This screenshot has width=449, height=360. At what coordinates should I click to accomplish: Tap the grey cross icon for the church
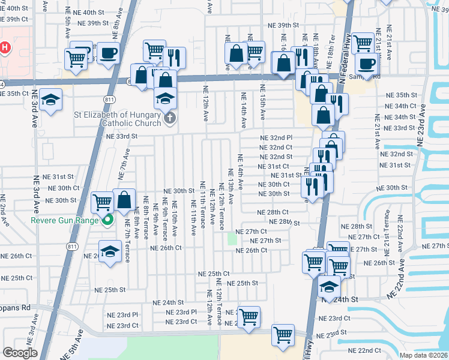click(x=170, y=118)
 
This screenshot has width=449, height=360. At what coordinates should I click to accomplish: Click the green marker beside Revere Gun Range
click(x=108, y=220)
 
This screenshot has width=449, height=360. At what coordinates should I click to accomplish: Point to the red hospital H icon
click(x=5, y=47)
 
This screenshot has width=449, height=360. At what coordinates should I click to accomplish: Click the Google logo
click(x=20, y=353)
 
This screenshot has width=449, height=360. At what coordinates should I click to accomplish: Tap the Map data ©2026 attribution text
click(x=423, y=355)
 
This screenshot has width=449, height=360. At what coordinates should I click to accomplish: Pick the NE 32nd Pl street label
click(x=276, y=138)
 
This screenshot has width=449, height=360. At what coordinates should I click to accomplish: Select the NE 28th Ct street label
click(x=273, y=212)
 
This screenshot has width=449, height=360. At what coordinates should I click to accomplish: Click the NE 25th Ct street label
click(x=214, y=274)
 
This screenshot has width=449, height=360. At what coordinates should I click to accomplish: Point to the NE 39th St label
click(x=284, y=25)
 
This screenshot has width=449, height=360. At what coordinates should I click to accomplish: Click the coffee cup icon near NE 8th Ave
click(x=108, y=52)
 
